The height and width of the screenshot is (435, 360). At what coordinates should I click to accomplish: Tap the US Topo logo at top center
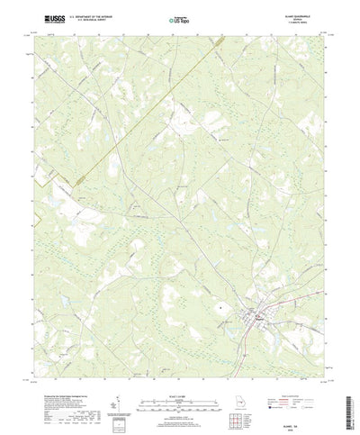tap(179, 18)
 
